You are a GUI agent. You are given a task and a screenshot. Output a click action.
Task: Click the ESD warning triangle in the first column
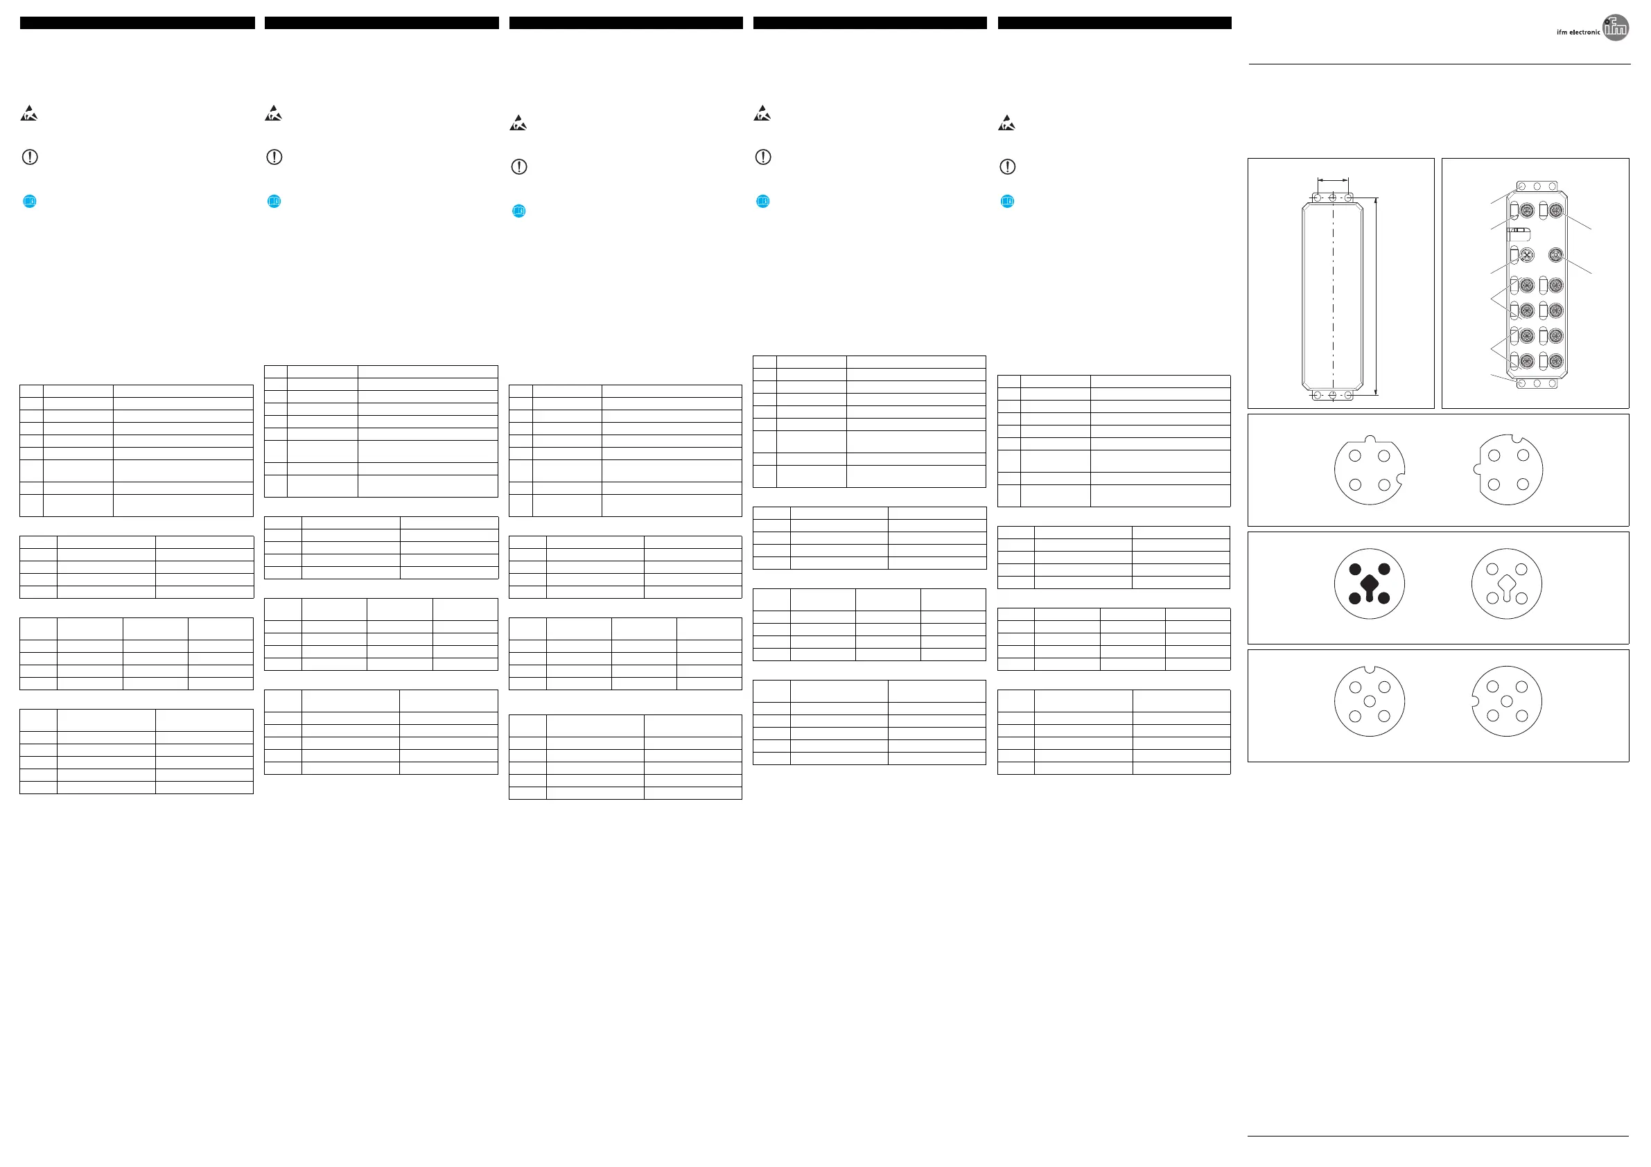tap(28, 114)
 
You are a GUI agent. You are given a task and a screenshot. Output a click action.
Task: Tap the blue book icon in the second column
tap(274, 202)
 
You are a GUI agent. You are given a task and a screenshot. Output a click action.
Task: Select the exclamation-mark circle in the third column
tap(518, 167)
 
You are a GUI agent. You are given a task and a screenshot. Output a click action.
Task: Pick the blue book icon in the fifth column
tap(1007, 202)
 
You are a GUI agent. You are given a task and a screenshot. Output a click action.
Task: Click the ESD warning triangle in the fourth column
tap(762, 114)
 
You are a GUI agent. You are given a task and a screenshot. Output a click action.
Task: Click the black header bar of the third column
tap(626, 23)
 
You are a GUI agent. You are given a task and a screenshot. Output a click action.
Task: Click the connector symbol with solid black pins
tap(1369, 584)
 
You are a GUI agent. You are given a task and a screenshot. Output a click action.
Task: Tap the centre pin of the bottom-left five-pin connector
tap(1369, 701)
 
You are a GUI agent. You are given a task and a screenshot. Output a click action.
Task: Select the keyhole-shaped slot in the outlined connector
tap(1506, 586)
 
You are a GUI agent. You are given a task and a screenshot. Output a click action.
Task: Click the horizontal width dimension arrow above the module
tap(1332, 179)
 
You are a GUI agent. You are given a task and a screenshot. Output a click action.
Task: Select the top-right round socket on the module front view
tap(1555, 211)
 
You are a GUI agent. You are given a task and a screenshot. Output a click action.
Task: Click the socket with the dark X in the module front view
tap(1527, 254)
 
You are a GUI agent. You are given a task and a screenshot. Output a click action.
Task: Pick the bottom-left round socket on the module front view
tap(1527, 361)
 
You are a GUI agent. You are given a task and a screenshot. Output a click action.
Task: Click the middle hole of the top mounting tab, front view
tap(1537, 186)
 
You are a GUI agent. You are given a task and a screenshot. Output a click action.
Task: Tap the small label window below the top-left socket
tap(1519, 234)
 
